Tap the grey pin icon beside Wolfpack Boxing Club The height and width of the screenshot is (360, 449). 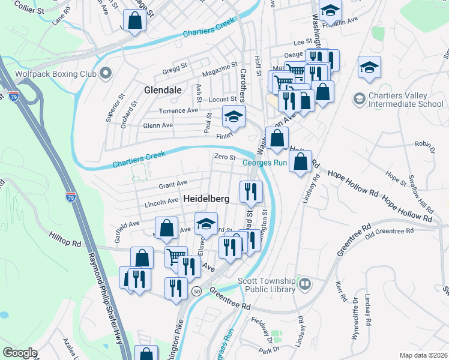coord(106,73)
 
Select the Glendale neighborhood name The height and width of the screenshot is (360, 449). coord(163,89)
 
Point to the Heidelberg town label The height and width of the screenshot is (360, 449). coord(206,198)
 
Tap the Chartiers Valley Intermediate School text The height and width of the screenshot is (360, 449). coord(406,99)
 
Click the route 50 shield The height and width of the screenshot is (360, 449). coord(196,290)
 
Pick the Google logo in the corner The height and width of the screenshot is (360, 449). coord(20,352)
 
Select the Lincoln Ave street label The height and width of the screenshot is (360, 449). coord(161,203)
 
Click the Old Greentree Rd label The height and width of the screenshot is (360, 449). coord(395,232)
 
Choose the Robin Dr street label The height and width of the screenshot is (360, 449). coord(424,145)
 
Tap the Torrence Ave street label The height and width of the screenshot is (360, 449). coord(178,111)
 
